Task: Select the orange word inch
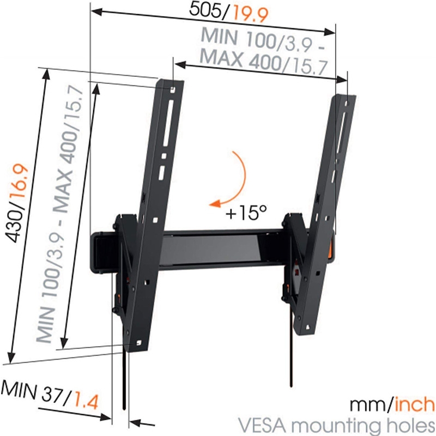click(414, 405)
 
